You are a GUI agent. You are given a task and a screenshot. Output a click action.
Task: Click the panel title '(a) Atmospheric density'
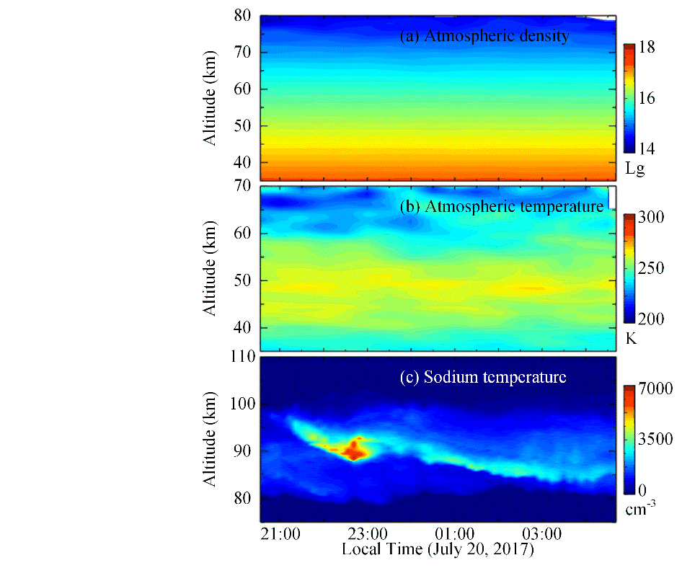484,35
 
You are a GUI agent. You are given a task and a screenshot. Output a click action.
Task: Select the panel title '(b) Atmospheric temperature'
502,207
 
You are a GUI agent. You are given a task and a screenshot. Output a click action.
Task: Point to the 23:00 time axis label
368,535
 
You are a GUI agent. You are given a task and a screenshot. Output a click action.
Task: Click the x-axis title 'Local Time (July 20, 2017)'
438,550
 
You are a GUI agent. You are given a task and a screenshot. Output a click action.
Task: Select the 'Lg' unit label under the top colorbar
635,170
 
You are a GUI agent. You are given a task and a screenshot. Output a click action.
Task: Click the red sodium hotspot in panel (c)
353,452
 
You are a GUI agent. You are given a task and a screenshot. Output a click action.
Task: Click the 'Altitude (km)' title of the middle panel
210,267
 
